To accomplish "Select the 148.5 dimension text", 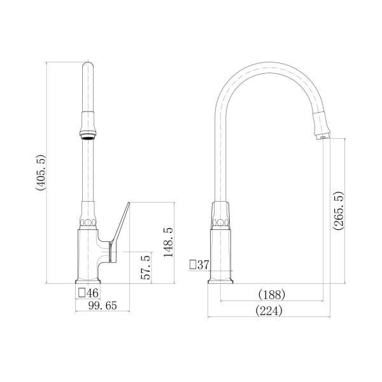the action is coord(168,243).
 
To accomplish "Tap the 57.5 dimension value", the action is coord(145,267).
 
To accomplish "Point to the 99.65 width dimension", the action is coord(103,306).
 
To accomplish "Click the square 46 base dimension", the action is coord(88,293).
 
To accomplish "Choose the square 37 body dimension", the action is coord(199,265).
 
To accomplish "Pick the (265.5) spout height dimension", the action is coord(339,211).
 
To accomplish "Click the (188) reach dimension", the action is coord(271,295).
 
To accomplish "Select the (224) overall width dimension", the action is coord(269,311).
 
